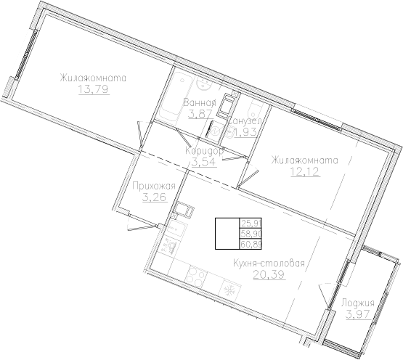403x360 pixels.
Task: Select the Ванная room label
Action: pyautogui.click(x=196, y=103)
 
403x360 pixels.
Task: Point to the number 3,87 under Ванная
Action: pyautogui.click(x=196, y=115)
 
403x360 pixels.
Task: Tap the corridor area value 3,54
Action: pyautogui.click(x=201, y=162)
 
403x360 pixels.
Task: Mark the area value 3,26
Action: pyautogui.click(x=154, y=198)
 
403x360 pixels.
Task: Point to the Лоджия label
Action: pyautogui.click(x=357, y=303)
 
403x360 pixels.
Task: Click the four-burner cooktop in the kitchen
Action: pyautogui.click(x=198, y=277)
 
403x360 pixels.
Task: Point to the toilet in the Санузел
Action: pyautogui.click(x=253, y=109)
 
